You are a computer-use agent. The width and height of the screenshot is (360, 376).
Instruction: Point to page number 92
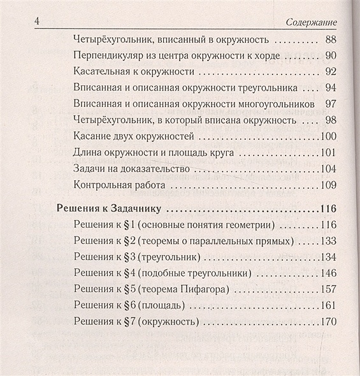point(330,71)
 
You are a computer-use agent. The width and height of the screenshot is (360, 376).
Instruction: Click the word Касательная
point(103,71)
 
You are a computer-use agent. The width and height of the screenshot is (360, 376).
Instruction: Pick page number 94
point(330,87)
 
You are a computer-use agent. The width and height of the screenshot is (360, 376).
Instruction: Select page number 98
point(330,119)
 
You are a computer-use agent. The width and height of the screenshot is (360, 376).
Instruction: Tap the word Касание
point(93,136)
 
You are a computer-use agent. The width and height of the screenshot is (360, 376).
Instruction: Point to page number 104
point(328,168)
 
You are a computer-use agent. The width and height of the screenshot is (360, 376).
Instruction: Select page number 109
point(328,185)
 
